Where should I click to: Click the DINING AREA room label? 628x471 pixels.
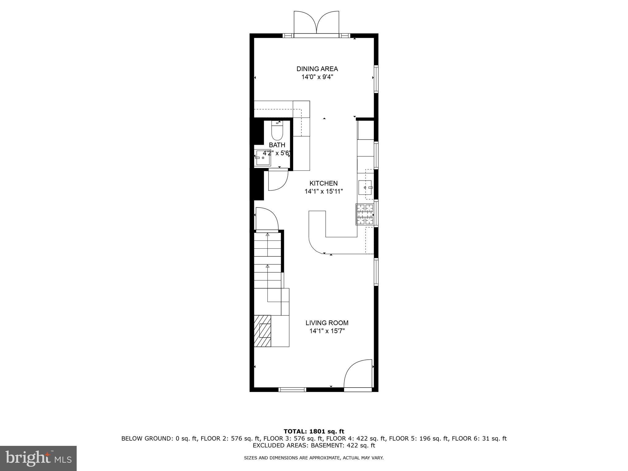click(x=317, y=69)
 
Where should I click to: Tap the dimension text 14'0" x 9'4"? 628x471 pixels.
click(x=317, y=77)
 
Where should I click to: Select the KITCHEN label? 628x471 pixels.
click(x=324, y=183)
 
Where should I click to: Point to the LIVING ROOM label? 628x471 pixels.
click(x=327, y=323)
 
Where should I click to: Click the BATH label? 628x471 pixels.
click(x=277, y=145)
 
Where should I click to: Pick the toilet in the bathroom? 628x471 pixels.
click(x=277, y=131)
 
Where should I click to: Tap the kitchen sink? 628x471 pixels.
click(x=365, y=187)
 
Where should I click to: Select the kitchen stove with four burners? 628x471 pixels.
click(x=365, y=214)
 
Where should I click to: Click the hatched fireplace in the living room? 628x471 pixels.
click(x=262, y=331)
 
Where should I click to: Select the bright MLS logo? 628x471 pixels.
click(x=38, y=458)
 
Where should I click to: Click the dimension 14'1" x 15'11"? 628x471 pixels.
click(x=324, y=192)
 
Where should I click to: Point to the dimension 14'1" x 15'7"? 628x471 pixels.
click(x=327, y=331)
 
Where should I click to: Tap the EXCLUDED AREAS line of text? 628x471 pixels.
click(x=314, y=445)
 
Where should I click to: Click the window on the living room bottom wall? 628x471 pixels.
click(x=292, y=390)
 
